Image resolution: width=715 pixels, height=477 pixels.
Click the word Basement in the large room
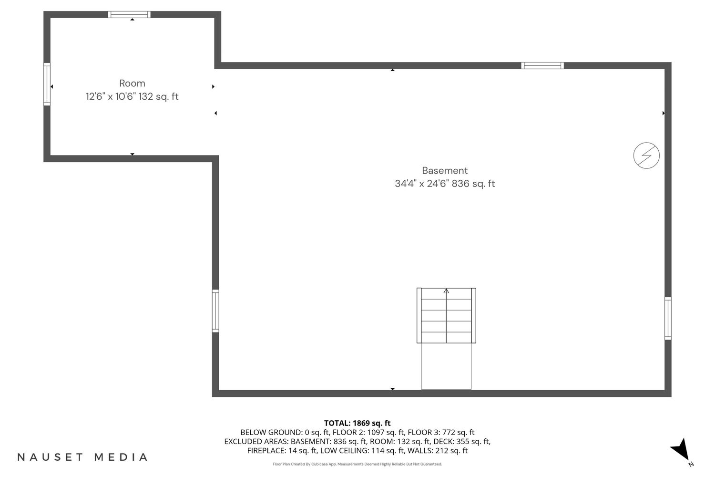[445, 171]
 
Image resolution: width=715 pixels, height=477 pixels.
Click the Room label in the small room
[132, 83]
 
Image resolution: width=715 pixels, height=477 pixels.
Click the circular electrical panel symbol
[646, 156]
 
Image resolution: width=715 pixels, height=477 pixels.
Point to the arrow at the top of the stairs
[446, 291]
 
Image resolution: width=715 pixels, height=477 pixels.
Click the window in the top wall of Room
[129, 14]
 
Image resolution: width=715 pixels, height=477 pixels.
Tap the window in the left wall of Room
[47, 84]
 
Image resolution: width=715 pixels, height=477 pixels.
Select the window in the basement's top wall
[542, 65]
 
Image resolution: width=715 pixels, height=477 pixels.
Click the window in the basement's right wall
[668, 318]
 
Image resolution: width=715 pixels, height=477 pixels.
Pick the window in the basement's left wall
[215, 311]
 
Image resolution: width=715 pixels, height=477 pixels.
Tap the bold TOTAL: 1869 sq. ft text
[357, 423]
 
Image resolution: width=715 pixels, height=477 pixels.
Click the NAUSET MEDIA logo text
[82, 457]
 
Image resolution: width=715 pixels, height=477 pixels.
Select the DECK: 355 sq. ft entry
[461, 442]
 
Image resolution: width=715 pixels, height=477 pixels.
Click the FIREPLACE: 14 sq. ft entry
[282, 451]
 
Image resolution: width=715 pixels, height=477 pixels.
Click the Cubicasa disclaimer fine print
[357, 464]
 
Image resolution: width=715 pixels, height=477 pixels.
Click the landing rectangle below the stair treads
[446, 366]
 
